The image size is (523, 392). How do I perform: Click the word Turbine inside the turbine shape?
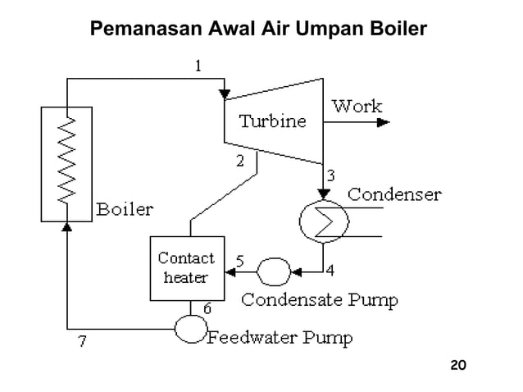click(272, 122)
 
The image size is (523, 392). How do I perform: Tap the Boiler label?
click(125, 209)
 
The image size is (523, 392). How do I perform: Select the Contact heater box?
click(186, 267)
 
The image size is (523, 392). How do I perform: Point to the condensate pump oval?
click(273, 269)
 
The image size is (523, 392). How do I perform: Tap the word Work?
click(357, 107)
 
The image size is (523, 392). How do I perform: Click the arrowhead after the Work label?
click(384, 123)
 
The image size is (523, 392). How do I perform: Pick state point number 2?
click(240, 161)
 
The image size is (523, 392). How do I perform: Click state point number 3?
click(330, 174)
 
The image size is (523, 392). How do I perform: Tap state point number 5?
click(239, 261)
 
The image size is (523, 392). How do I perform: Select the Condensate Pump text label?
click(321, 300)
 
